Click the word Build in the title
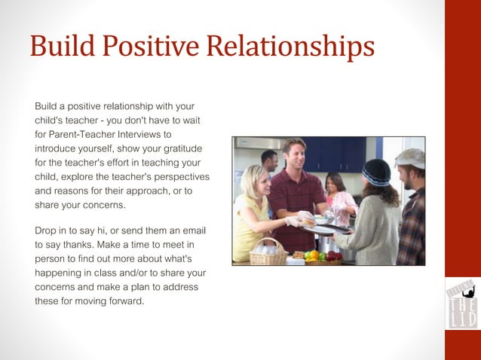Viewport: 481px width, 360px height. [57, 47]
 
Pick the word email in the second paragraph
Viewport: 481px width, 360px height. [192, 230]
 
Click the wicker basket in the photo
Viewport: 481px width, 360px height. [268, 252]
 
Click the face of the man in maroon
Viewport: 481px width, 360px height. [295, 156]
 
